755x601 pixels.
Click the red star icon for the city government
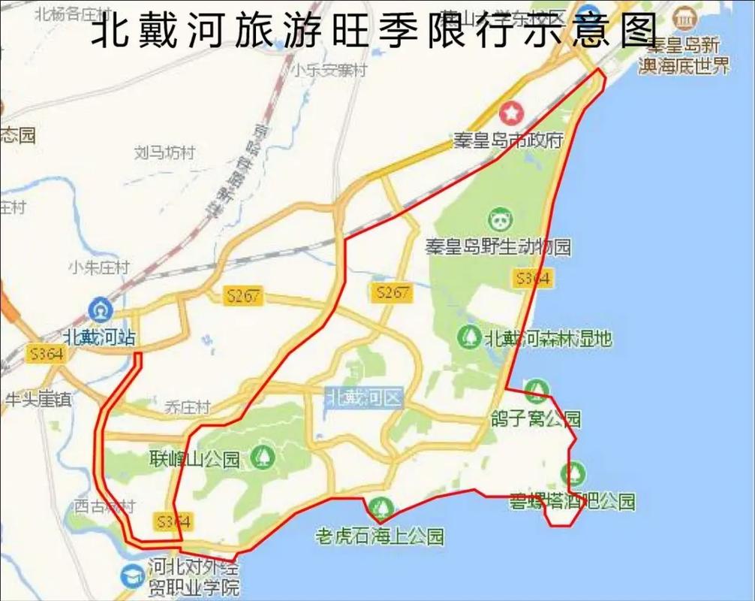511,113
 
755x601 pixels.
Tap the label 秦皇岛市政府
508,140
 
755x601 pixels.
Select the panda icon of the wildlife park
501,220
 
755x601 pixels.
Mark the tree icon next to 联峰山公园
263,455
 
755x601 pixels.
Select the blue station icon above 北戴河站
99,309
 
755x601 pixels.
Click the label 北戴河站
99,337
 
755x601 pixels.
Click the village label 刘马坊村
164,153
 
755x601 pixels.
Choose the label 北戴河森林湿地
548,338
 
